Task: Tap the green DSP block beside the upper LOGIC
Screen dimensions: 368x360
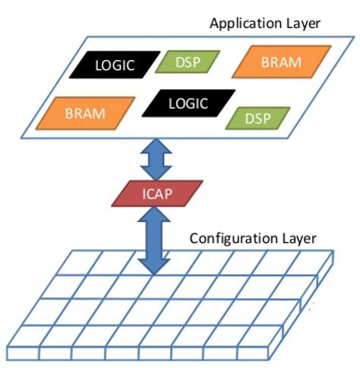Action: tap(187, 62)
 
